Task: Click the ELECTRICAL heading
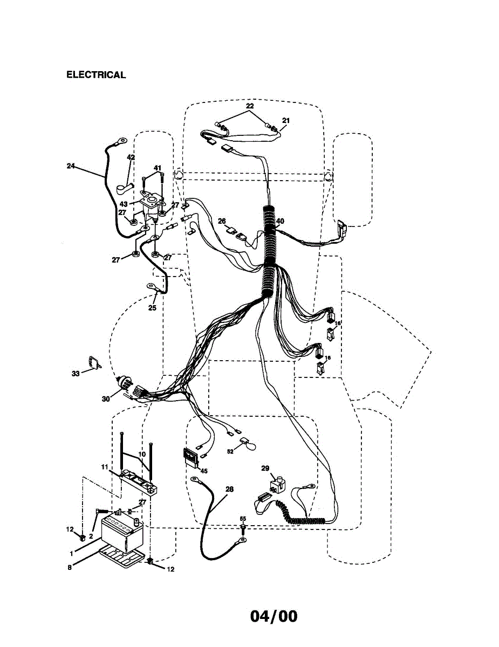point(96,75)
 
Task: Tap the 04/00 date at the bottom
point(274,616)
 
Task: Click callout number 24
point(71,166)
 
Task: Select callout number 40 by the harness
point(279,221)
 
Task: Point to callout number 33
point(76,373)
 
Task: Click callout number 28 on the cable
point(230,489)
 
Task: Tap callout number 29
point(265,469)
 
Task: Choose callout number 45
point(203,471)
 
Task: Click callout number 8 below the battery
point(70,567)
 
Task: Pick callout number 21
point(286,121)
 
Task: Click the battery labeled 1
point(118,533)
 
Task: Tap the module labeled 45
point(190,457)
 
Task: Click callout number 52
point(230,452)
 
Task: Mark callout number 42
point(131,157)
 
